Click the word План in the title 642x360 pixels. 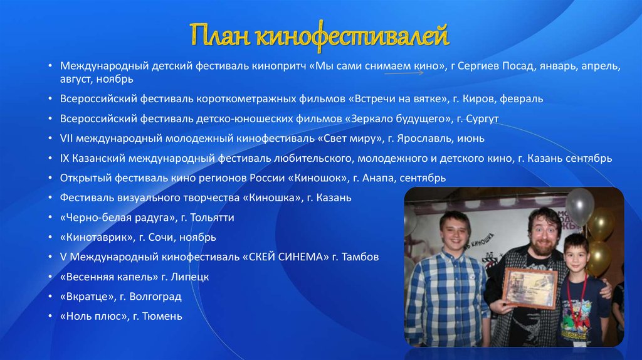click(x=220, y=36)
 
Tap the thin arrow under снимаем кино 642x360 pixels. click(x=404, y=73)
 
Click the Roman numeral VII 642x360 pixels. click(x=67, y=138)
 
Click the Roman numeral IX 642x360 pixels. click(x=65, y=158)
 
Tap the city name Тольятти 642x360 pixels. click(x=220, y=218)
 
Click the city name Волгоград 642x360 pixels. click(x=160, y=297)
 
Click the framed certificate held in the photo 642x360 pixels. click(x=529, y=288)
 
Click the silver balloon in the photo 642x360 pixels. click(x=579, y=206)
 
